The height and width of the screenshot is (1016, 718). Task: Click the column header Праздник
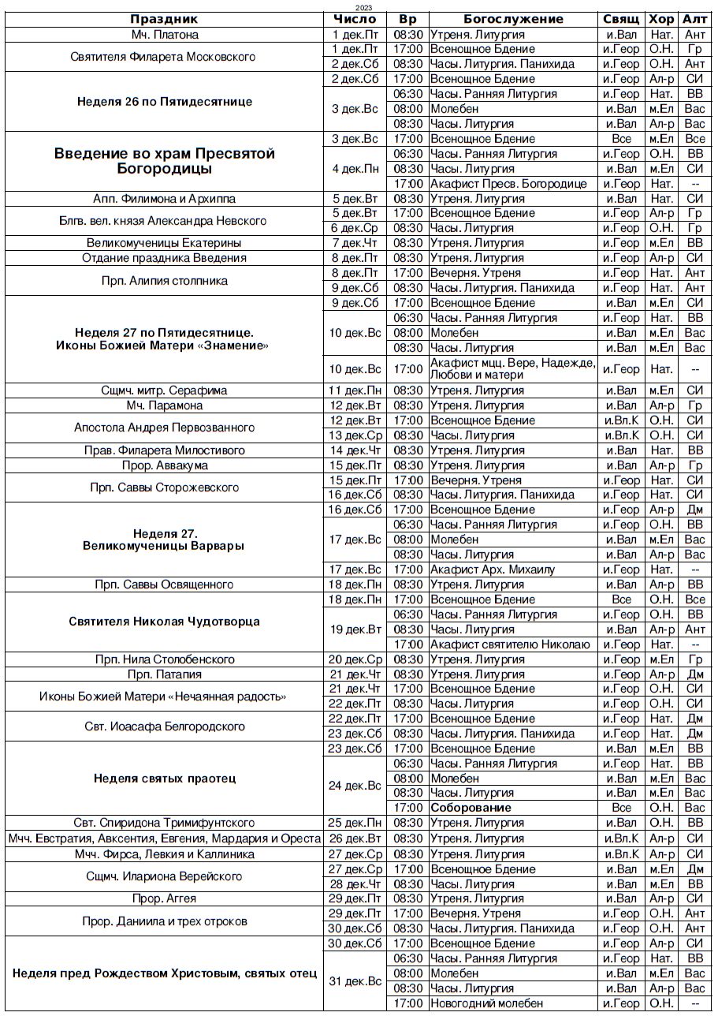[164, 20]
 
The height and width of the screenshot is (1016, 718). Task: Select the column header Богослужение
[513, 20]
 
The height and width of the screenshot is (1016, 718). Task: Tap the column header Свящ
[621, 20]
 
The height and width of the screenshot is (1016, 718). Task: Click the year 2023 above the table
[364, 7]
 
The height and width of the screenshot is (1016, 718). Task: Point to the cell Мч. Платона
[164, 35]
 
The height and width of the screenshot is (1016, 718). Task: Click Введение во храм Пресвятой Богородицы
[164, 161]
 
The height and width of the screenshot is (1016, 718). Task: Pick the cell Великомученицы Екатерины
[164, 243]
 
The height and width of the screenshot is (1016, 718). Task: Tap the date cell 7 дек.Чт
[356, 243]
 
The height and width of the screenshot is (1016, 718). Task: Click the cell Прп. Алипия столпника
[164, 280]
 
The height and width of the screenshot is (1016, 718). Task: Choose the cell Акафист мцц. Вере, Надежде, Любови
[513, 368]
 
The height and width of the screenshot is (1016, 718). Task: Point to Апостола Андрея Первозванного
[164, 428]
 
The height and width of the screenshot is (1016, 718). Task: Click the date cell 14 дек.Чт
[356, 450]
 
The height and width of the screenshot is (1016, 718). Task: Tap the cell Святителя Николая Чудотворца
[164, 622]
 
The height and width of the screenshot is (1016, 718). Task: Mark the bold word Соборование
[471, 808]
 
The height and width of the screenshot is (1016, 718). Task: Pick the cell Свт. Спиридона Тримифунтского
[164, 823]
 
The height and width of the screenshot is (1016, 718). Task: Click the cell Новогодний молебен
[486, 1003]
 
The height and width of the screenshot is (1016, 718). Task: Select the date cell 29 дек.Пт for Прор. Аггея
[356, 898]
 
